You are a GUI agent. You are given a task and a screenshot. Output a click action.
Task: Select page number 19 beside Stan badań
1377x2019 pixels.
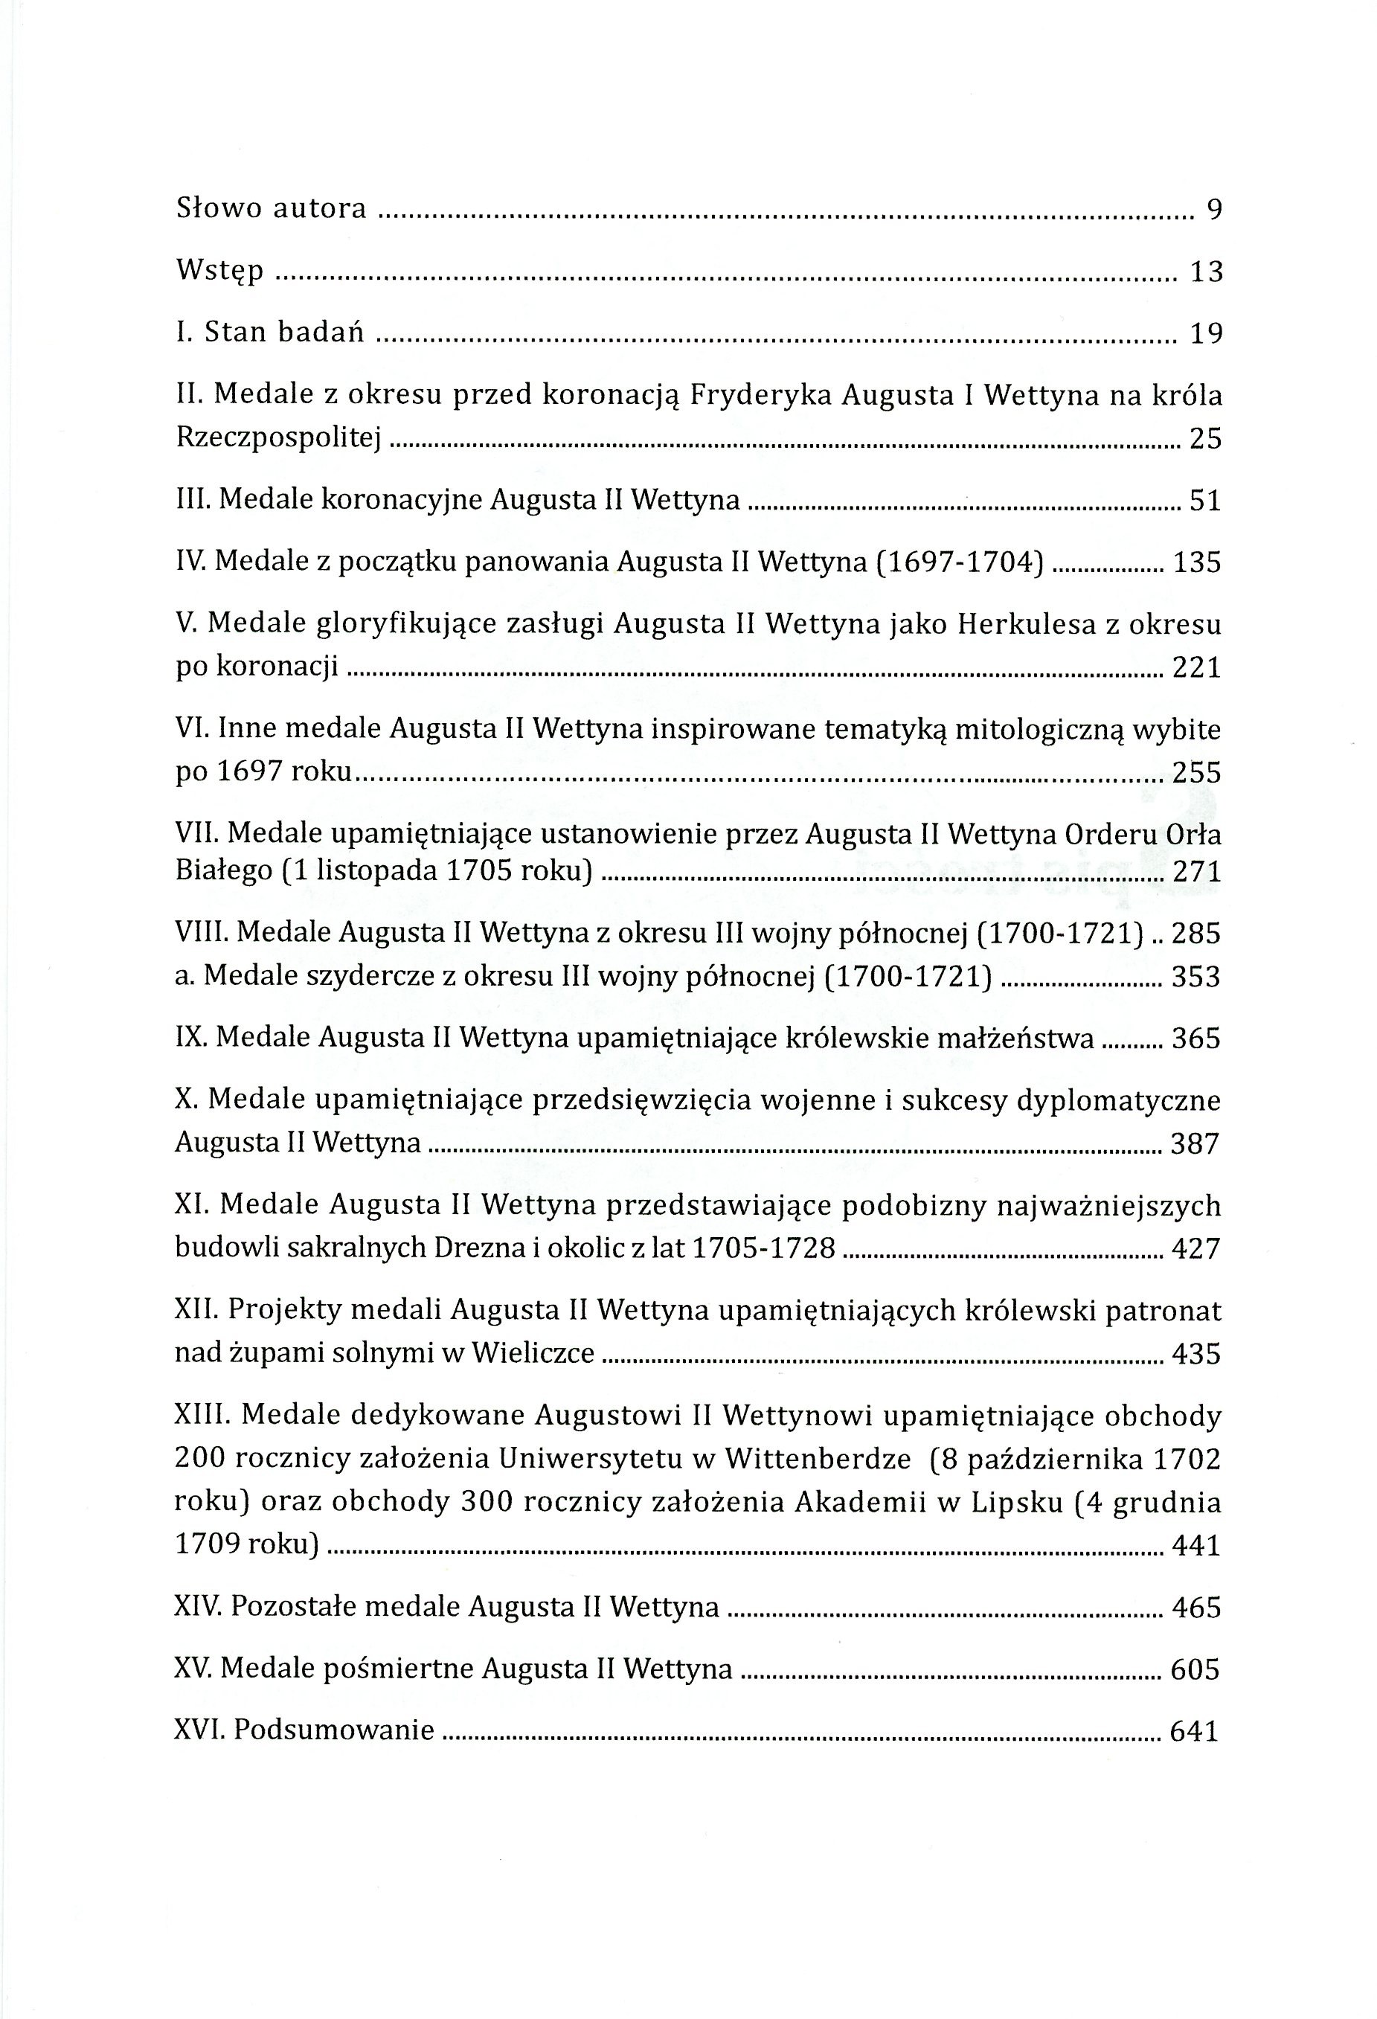click(x=1206, y=333)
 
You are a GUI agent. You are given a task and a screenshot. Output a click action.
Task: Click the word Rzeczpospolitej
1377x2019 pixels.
click(x=279, y=439)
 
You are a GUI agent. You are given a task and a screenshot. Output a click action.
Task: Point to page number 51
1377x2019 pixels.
click(x=1205, y=501)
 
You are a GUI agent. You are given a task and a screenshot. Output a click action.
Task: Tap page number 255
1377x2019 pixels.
click(x=1196, y=772)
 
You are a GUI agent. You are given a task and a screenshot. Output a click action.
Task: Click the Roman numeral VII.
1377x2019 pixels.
click(x=199, y=834)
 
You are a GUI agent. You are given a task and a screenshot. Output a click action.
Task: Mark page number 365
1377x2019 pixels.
click(x=1196, y=1039)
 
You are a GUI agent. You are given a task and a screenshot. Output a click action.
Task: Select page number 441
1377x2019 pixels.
click(x=1196, y=1546)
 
